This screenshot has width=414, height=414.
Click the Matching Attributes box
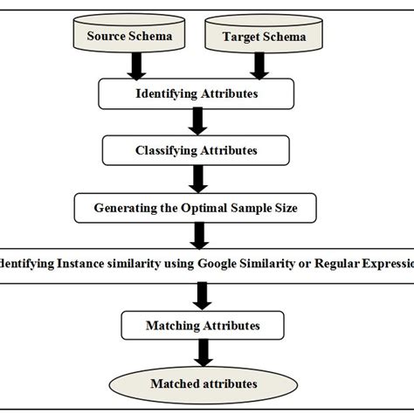point(202,325)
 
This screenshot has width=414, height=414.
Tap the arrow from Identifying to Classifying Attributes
point(200,121)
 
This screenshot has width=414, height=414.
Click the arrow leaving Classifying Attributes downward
point(200,180)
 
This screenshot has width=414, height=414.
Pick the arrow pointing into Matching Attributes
point(202,297)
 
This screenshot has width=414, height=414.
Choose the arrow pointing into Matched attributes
point(203,353)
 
